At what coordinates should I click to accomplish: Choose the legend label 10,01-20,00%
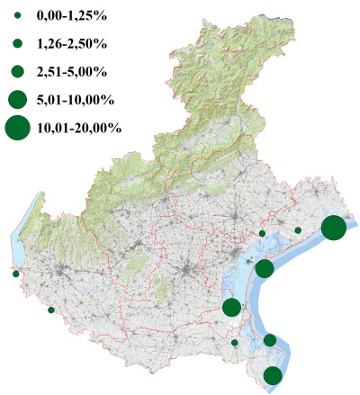(x=79, y=128)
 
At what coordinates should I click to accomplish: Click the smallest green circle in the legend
(x=17, y=16)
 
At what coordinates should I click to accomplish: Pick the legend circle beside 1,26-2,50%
(x=17, y=43)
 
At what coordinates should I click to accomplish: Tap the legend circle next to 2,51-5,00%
(x=17, y=70)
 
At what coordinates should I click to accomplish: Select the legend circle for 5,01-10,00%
(x=17, y=98)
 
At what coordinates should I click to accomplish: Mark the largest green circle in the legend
(x=17, y=128)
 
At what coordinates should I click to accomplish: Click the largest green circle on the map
(x=333, y=229)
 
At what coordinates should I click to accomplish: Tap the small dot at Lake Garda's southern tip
(x=15, y=274)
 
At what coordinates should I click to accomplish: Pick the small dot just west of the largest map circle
(x=298, y=230)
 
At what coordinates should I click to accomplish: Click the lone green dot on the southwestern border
(x=51, y=310)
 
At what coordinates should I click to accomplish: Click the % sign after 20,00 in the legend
(x=115, y=128)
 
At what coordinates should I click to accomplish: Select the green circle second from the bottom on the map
(x=270, y=339)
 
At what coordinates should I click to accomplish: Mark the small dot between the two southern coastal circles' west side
(x=235, y=342)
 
